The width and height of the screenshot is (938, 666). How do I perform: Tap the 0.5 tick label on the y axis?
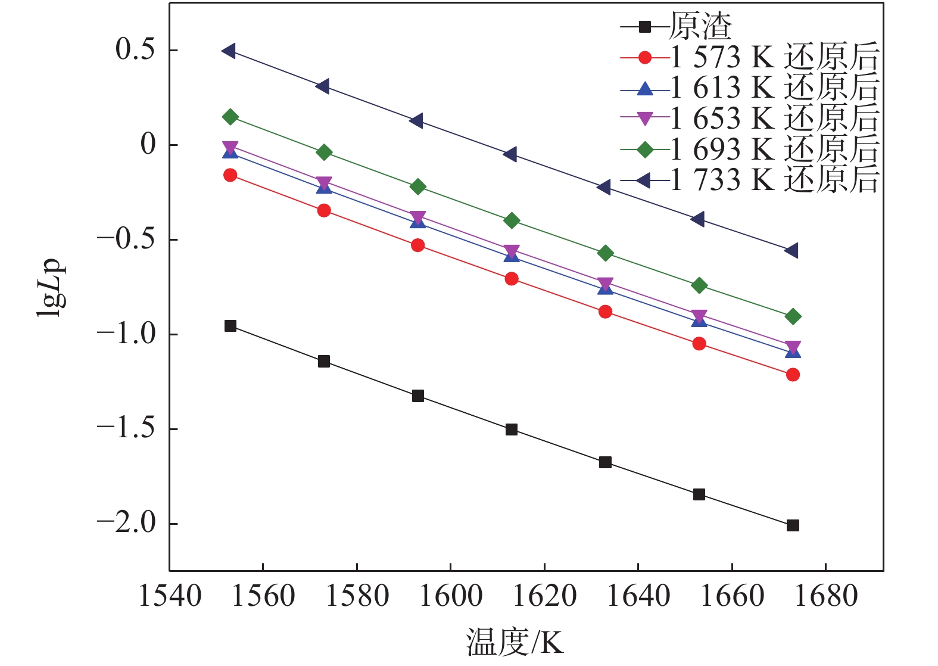pos(135,50)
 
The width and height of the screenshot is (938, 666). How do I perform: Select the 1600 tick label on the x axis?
pos(451,596)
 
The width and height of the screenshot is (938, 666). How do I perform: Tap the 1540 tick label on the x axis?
pos(170,596)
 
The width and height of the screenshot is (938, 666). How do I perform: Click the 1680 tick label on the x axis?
pos(826,596)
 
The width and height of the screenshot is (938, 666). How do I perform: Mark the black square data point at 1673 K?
pos(793,525)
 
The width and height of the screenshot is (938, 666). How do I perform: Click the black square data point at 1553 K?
pos(230,326)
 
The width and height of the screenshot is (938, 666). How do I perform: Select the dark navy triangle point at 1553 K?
pos(229,51)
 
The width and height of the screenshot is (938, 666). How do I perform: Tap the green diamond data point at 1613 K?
pos(512,220)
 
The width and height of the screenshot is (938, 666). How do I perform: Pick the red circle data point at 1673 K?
pos(793,375)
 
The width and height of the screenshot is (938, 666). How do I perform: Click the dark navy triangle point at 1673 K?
pos(791,251)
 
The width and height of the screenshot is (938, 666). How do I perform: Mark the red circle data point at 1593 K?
pos(418,245)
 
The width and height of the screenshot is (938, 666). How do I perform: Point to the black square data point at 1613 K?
pos(512,430)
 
